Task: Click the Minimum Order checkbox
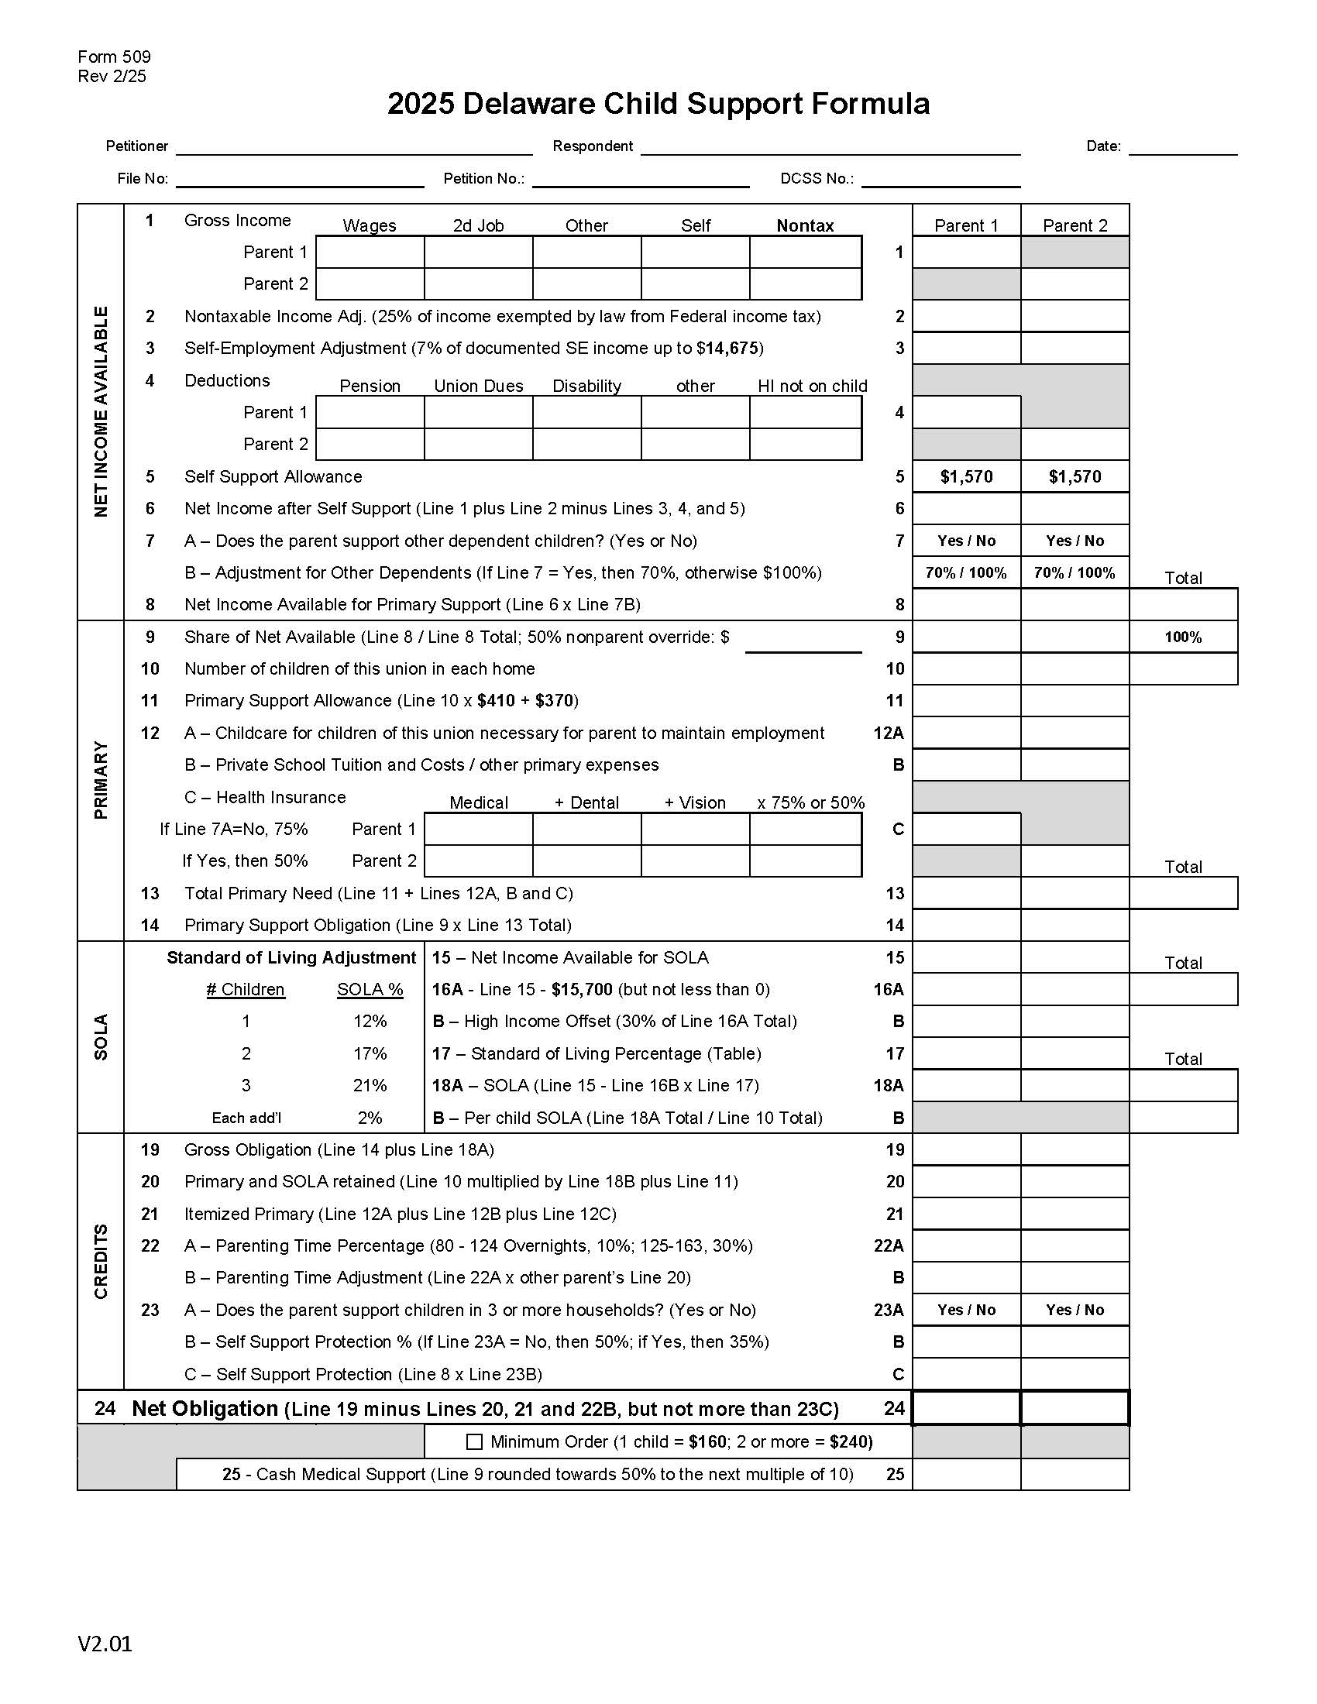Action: click(x=473, y=1442)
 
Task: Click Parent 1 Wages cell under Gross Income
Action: click(x=370, y=253)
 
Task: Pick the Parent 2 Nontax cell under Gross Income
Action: click(x=804, y=284)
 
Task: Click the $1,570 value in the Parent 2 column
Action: click(x=1075, y=476)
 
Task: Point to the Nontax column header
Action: click(x=804, y=225)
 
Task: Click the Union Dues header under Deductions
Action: click(x=478, y=386)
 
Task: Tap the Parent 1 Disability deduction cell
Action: click(x=586, y=413)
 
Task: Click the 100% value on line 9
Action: click(x=1183, y=637)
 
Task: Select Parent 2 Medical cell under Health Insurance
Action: click(x=478, y=861)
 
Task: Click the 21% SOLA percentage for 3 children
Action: click(x=370, y=1085)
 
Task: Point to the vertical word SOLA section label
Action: click(x=101, y=1037)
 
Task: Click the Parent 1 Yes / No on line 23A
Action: click(x=966, y=1310)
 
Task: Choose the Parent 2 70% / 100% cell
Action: click(x=1075, y=572)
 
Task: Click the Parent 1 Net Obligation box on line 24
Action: click(x=966, y=1408)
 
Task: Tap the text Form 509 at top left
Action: click(x=114, y=57)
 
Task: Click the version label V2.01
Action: click(x=105, y=1644)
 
